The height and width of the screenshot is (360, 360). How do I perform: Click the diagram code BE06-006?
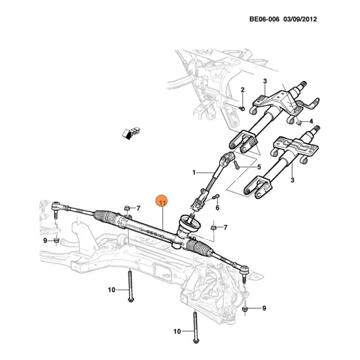coord(264,19)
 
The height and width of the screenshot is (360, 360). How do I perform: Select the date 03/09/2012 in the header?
coord(300,19)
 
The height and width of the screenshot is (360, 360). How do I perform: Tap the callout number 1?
coord(194,172)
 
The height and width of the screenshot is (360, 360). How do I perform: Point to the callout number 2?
coord(243,90)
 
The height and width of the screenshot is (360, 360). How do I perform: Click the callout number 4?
coord(311,121)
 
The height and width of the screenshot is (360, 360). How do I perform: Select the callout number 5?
coord(259,167)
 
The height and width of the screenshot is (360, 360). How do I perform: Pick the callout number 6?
coord(217,207)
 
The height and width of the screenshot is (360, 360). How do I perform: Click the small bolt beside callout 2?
coord(242,108)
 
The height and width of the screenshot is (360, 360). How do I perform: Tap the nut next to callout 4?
coord(299,123)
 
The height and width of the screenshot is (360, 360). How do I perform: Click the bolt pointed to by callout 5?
coord(237,165)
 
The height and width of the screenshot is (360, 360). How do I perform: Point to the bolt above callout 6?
coord(216,197)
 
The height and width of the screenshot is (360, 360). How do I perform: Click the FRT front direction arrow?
coord(131,133)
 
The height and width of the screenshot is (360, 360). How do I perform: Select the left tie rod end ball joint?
coord(55,206)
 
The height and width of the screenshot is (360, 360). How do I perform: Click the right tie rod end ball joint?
coord(245,270)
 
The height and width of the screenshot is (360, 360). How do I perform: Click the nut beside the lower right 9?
coord(245,309)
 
